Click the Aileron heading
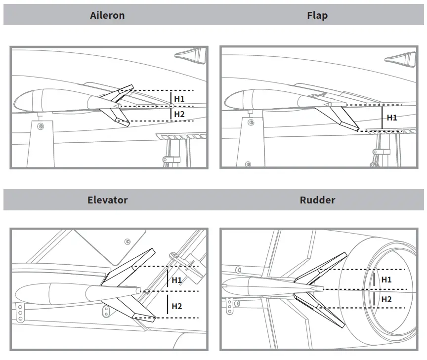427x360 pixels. click(107, 15)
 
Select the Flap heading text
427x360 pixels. click(317, 15)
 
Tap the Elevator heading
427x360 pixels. click(107, 200)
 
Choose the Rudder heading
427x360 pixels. click(317, 200)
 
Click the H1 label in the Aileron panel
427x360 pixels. click(179, 99)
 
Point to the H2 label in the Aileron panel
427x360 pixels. click(179, 114)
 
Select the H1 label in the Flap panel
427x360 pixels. click(391, 118)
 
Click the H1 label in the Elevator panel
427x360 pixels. click(176, 280)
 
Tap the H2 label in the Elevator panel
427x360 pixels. click(176, 306)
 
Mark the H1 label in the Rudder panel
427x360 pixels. click(386, 280)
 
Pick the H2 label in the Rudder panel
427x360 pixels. click(386, 299)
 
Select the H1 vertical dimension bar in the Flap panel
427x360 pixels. click(382, 118)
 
